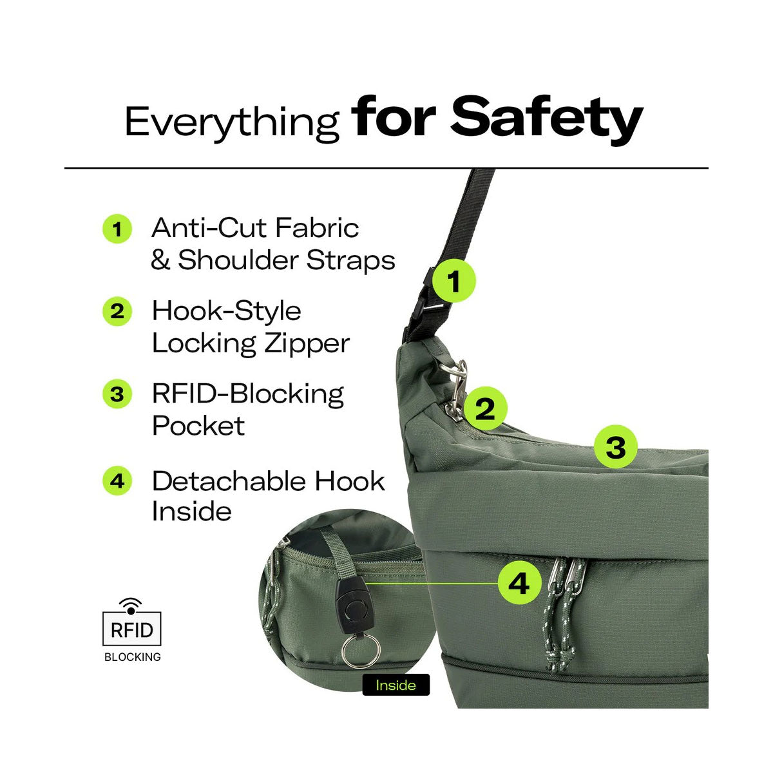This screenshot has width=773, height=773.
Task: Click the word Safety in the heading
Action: (x=547, y=119)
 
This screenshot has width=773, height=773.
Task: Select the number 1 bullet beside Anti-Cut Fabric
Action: (x=117, y=229)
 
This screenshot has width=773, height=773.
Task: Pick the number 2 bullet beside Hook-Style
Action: (x=117, y=312)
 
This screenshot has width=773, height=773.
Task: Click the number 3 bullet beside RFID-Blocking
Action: (x=117, y=394)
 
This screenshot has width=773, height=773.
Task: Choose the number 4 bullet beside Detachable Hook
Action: (x=117, y=481)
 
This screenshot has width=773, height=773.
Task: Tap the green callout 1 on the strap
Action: (x=453, y=281)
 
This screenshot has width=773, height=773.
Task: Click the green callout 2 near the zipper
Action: (x=486, y=408)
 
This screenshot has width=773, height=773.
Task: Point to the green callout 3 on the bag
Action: (x=616, y=447)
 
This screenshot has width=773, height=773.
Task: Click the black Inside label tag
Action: (x=396, y=685)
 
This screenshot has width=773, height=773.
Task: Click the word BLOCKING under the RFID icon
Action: (x=133, y=657)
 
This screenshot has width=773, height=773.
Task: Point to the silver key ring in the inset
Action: (x=361, y=651)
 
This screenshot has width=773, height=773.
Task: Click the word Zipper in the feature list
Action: (x=307, y=344)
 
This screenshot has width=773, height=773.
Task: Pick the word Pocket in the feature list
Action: (x=198, y=425)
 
